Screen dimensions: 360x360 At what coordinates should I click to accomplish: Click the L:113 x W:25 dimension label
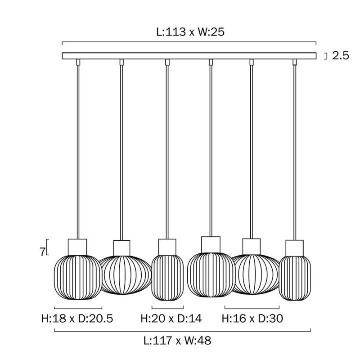pyautogui.click(x=190, y=32)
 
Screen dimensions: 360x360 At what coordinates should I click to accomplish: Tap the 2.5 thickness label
pyautogui.click(x=341, y=55)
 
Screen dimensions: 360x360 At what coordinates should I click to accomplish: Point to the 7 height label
pyautogui.click(x=42, y=252)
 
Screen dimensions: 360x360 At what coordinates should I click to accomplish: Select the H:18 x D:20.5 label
pyautogui.click(x=77, y=319)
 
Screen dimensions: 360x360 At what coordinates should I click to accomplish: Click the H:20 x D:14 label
pyautogui.click(x=171, y=319)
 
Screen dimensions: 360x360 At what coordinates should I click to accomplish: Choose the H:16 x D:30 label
pyautogui.click(x=252, y=319)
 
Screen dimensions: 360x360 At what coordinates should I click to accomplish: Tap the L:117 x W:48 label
pyautogui.click(x=177, y=341)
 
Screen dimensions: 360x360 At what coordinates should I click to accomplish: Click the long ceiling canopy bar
pyautogui.click(x=189, y=56)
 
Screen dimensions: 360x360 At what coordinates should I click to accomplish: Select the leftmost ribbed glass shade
pyautogui.click(x=78, y=277)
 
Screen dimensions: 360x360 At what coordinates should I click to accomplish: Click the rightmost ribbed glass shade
pyautogui.click(x=295, y=278)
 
